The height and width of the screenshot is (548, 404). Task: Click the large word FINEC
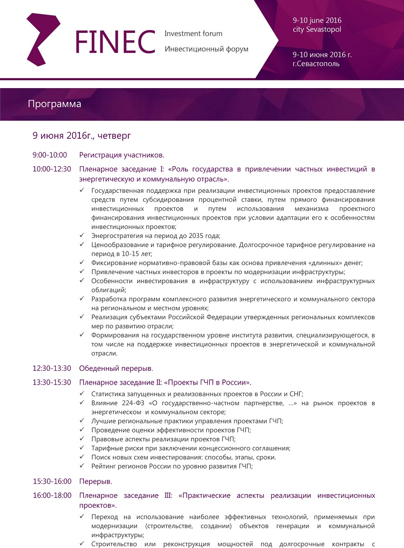115,42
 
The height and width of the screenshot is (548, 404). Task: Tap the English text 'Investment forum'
193,34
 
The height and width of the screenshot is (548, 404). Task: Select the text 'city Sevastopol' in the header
317,29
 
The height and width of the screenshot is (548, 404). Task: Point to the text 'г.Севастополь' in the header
316,63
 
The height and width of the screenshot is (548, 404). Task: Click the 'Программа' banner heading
54,104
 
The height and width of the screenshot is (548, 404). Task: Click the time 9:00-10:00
50,155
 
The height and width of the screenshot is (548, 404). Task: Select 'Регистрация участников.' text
121,155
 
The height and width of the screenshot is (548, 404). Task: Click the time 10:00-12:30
52,169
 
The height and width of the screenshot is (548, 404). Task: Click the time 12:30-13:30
52,368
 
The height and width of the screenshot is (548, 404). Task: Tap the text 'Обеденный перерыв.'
116,368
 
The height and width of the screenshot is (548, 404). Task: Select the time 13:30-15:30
52,382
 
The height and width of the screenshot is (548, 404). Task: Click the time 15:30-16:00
52,481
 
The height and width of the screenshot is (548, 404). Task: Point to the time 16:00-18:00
52,495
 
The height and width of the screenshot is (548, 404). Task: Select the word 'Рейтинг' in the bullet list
103,466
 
